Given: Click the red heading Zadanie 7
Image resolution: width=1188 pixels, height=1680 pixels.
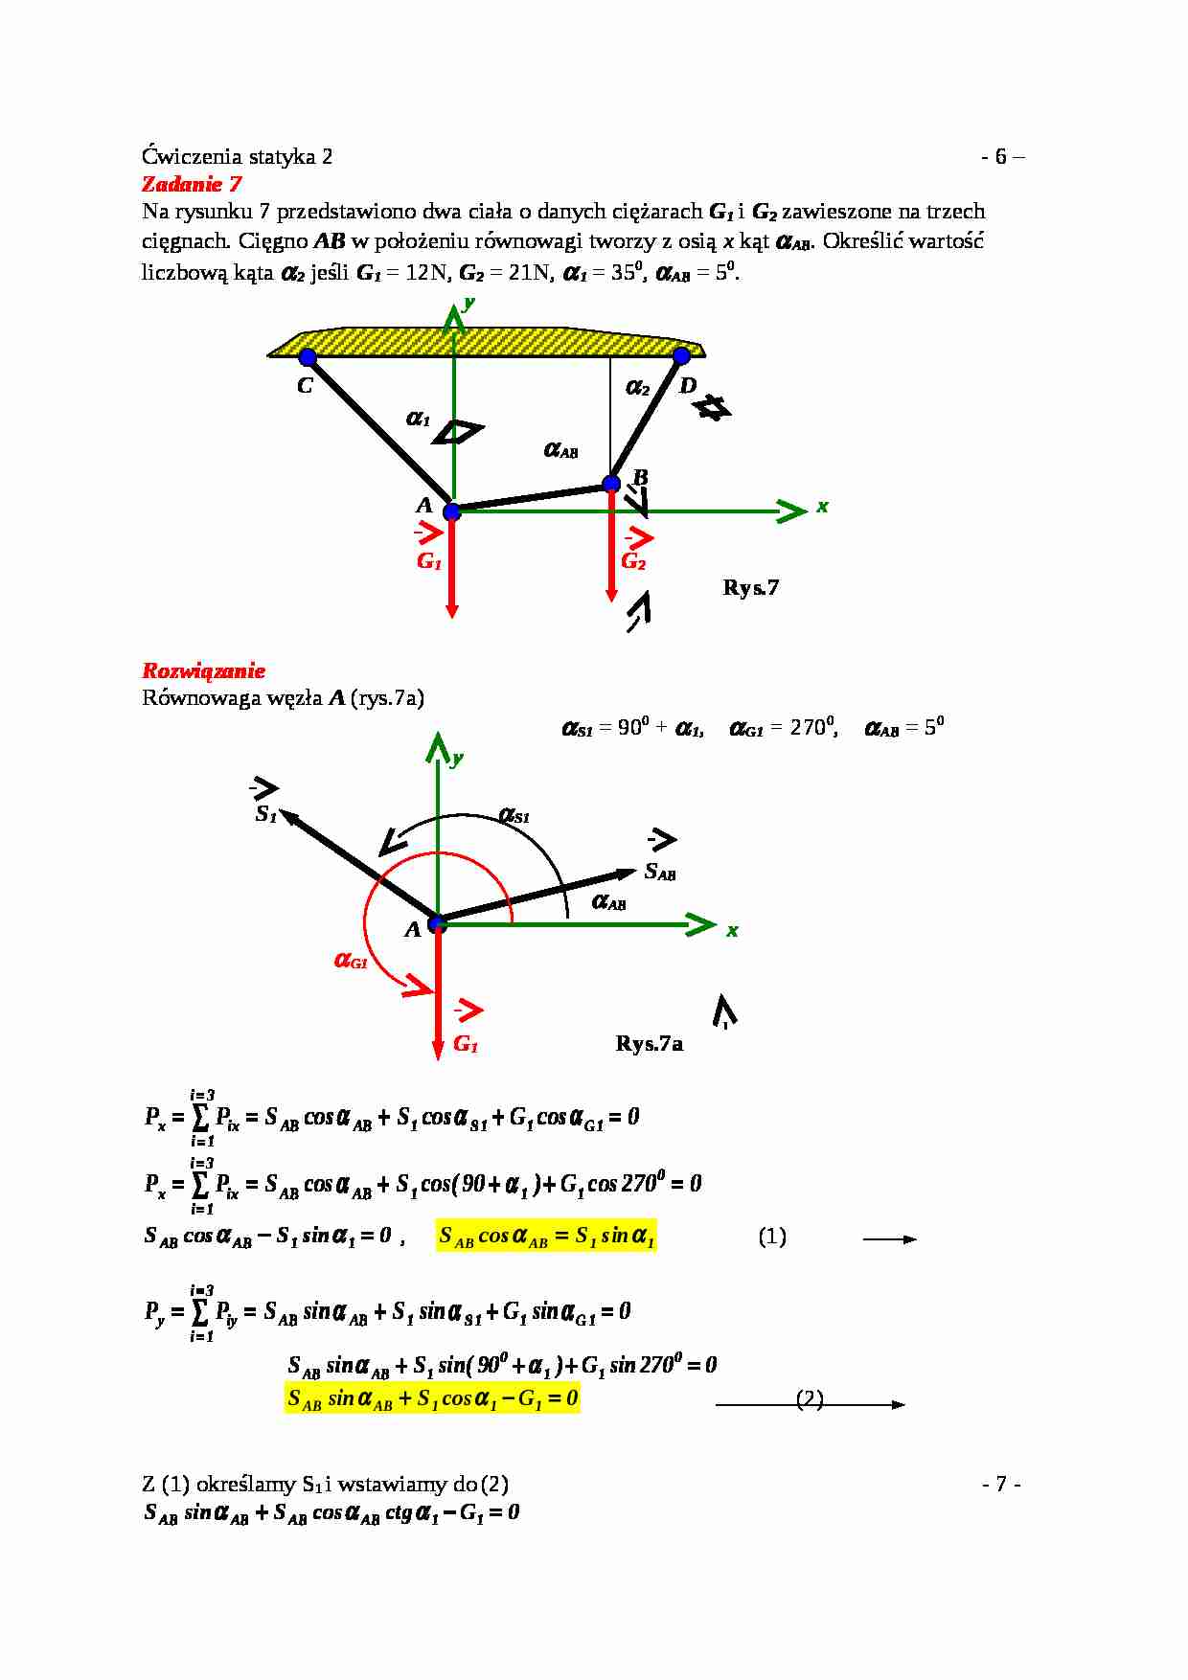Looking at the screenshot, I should [x=192, y=184].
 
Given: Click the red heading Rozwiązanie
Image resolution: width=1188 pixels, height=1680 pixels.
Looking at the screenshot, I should [x=203, y=670].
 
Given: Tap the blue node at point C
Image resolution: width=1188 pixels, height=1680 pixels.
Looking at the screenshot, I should [x=308, y=357].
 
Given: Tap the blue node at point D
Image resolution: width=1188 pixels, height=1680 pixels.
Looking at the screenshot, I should [x=681, y=356].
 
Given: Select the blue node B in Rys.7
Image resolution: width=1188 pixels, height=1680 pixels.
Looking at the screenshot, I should [x=611, y=484].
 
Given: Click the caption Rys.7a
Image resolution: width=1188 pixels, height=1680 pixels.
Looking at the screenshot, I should [x=649, y=1043].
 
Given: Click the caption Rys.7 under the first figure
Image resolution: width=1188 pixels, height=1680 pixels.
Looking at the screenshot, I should [x=750, y=587].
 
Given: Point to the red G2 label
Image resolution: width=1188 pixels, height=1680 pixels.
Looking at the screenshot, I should [x=633, y=561].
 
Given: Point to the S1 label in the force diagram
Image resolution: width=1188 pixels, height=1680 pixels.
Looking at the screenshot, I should [x=266, y=815].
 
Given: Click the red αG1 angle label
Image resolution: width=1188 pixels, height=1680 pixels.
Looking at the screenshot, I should [x=351, y=960].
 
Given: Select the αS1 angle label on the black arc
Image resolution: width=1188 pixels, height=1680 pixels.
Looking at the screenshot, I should [x=514, y=816].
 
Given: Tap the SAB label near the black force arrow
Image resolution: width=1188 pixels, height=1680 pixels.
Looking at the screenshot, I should [x=660, y=872].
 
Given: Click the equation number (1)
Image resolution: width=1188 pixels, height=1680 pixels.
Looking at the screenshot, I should [x=772, y=1237].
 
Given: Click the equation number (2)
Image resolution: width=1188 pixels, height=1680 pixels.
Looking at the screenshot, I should [x=810, y=1398].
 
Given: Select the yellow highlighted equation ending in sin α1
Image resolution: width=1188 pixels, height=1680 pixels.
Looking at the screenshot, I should [x=546, y=1237].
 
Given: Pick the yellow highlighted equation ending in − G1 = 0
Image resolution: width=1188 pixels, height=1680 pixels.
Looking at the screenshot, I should [x=432, y=1399].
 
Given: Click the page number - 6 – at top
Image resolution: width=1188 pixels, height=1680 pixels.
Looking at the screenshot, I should [x=1002, y=157].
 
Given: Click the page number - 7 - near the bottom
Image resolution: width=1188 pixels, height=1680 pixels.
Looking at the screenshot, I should [x=1001, y=1484].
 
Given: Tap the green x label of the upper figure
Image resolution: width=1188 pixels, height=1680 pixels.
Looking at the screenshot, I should [x=822, y=507].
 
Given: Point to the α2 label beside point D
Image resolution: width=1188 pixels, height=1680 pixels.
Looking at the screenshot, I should [x=638, y=388].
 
